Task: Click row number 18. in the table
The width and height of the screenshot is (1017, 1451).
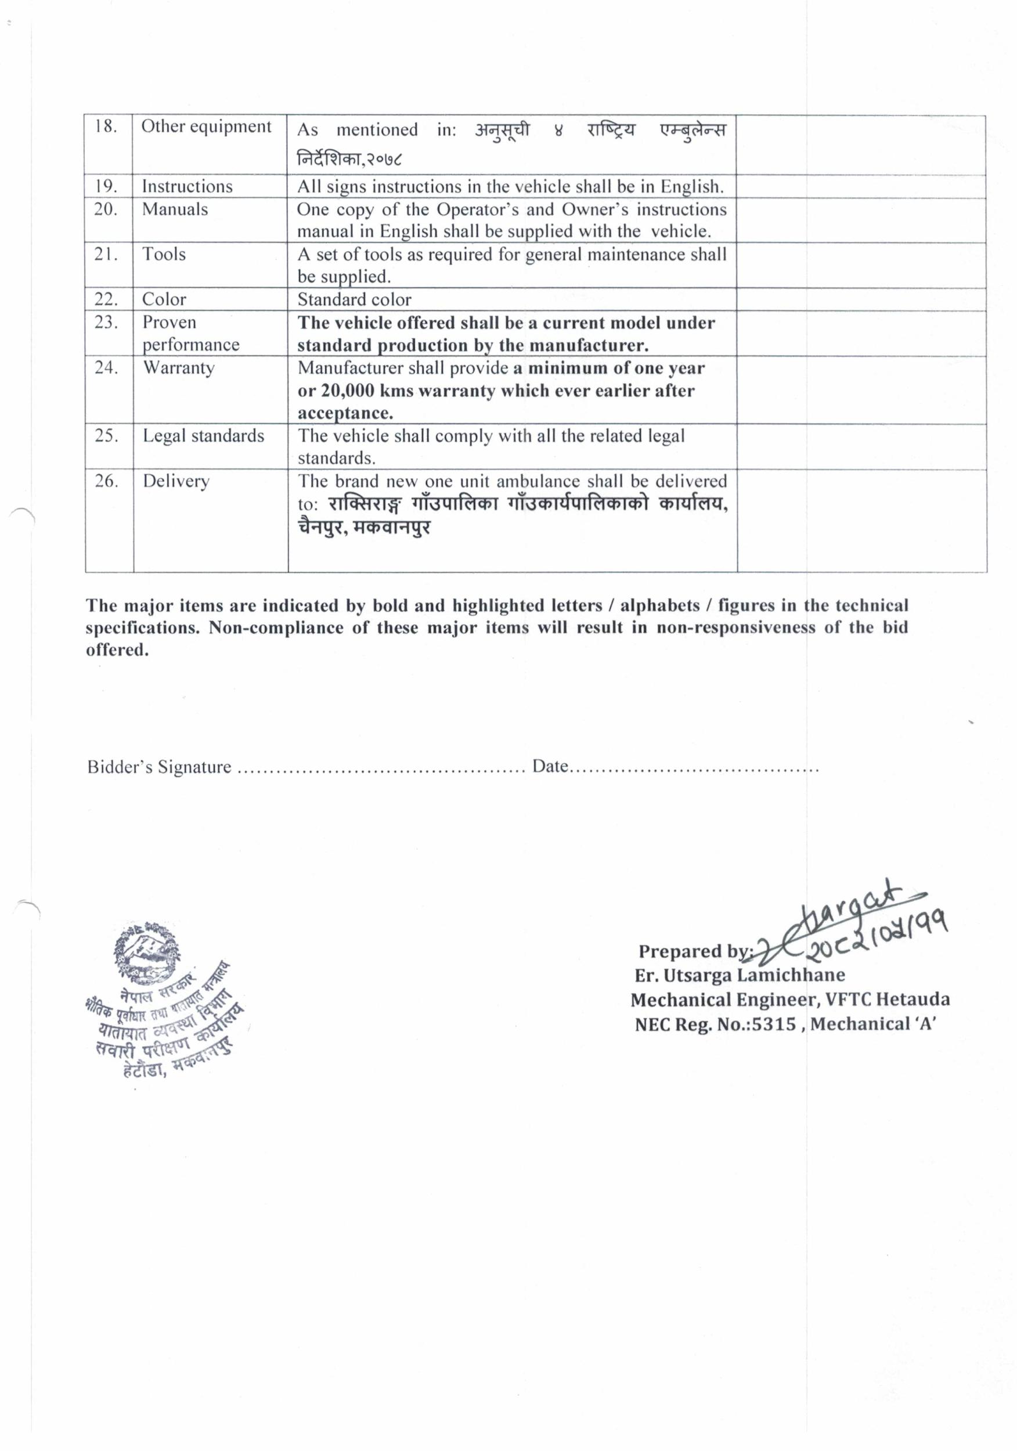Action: tap(106, 127)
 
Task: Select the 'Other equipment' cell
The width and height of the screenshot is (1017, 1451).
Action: tap(206, 127)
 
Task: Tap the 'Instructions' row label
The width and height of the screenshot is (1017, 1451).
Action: tap(187, 186)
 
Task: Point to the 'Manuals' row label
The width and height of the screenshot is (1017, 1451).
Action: tap(175, 209)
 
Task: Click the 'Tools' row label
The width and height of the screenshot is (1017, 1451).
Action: tap(164, 254)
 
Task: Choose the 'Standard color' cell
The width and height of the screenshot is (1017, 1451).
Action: tap(354, 299)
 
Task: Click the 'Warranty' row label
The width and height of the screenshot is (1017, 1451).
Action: tap(179, 368)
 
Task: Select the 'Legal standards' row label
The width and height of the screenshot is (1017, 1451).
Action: tap(203, 435)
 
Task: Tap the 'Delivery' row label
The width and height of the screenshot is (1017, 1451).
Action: tap(176, 481)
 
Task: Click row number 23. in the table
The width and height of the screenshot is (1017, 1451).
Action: tap(106, 322)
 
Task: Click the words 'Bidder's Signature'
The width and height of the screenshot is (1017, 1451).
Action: tap(159, 767)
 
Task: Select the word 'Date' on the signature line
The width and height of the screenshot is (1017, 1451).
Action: tap(549, 767)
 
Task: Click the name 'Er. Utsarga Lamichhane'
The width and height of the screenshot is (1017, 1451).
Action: tap(740, 975)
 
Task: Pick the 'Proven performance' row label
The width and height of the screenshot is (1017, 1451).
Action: tap(190, 333)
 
